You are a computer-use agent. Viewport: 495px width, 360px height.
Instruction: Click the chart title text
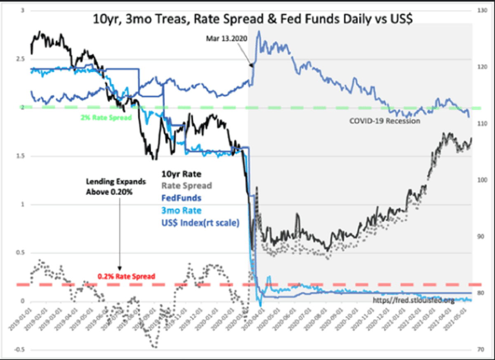point(253,19)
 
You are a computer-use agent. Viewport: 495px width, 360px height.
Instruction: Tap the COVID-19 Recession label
point(385,121)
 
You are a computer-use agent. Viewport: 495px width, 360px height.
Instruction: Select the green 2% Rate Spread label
point(106,118)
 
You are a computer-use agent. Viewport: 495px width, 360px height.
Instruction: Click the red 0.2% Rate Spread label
point(126,276)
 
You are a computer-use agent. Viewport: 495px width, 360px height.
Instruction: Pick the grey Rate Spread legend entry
point(186,186)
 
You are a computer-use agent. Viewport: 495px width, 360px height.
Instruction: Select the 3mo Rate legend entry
point(182,211)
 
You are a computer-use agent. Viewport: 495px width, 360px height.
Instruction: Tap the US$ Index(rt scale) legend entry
point(196,223)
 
